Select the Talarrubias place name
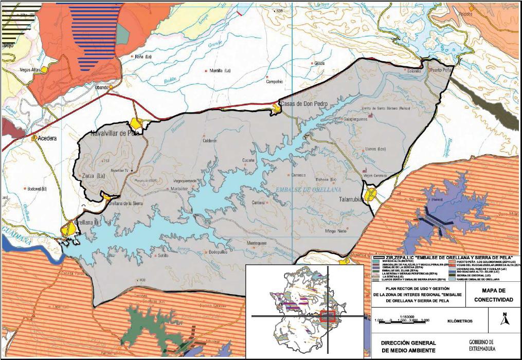click(x=352, y=200)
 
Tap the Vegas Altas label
click(x=29, y=69)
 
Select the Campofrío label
click(x=274, y=82)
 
